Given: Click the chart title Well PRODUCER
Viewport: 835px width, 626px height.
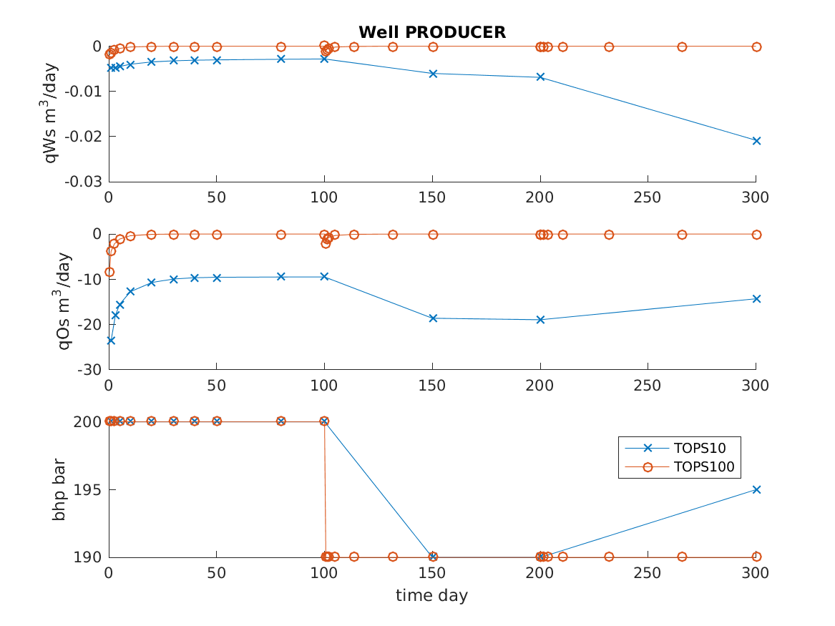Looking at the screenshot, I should click(431, 32).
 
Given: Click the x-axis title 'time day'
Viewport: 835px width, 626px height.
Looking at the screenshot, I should click(431, 595).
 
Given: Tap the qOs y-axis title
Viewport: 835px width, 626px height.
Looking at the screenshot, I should click(64, 300).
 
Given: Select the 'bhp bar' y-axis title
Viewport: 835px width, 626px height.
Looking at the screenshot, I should click(60, 489).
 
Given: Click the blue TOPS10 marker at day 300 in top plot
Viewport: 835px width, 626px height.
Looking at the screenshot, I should click(756, 141).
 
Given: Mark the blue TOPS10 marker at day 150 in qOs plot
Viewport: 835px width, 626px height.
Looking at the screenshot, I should click(432, 318).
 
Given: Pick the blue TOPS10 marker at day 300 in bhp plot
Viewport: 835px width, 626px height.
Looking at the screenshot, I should click(756, 489).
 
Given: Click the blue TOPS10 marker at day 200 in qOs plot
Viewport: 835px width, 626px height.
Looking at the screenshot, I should click(540, 319).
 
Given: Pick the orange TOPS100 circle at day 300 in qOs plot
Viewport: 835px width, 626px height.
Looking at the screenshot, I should click(756, 235).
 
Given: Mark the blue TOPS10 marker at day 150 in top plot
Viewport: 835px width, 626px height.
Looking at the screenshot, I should click(432, 74).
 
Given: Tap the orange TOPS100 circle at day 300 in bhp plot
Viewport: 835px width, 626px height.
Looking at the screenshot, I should click(756, 557).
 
